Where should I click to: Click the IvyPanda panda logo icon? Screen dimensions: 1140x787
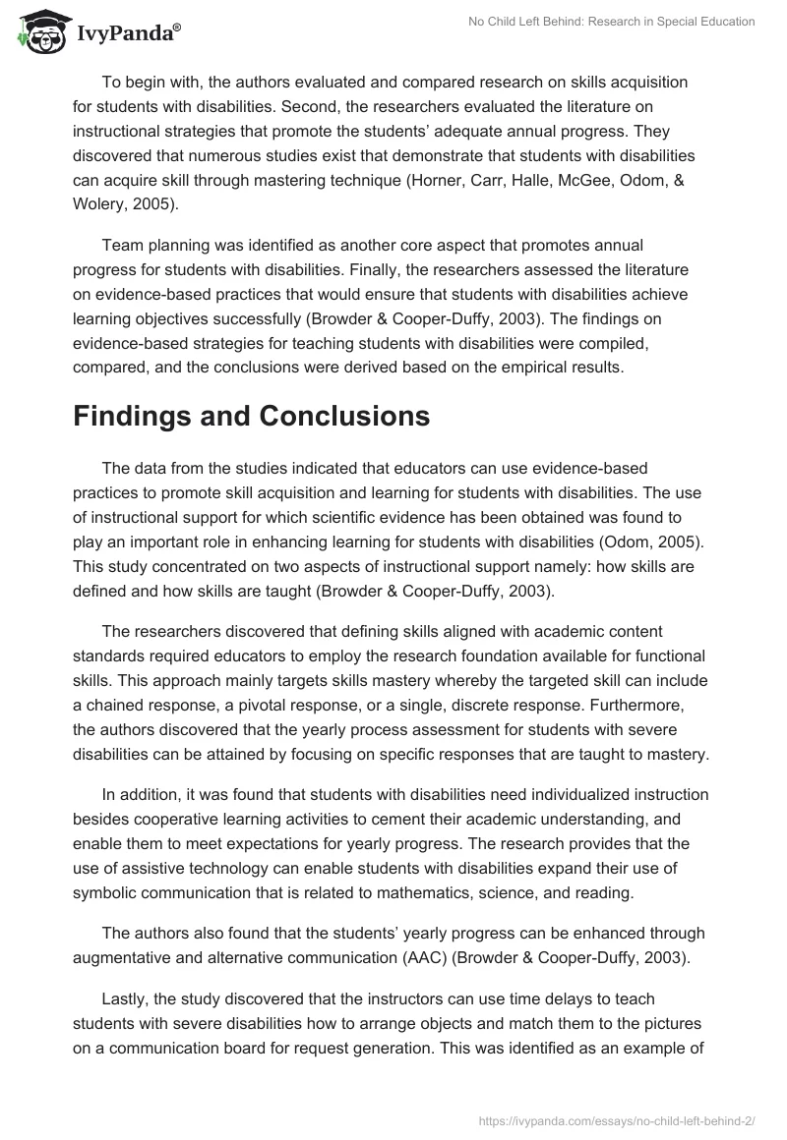pos(38,32)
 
